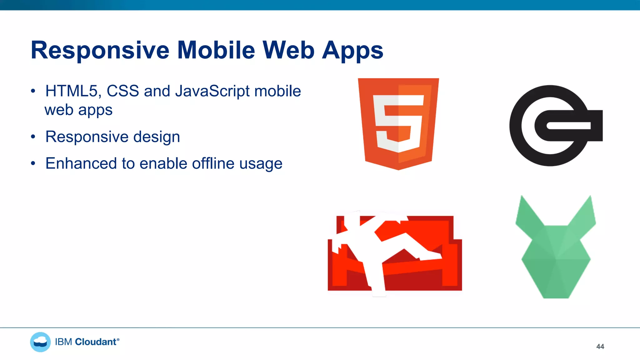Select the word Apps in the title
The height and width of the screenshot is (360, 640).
pos(352,51)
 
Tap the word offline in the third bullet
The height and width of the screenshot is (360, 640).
pos(213,163)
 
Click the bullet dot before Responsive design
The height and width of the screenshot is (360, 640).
pos(33,137)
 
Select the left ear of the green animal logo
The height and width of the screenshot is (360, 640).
pos(527,216)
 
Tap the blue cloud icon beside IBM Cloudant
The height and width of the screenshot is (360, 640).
pos(40,342)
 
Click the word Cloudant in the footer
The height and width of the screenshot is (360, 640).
pos(96,342)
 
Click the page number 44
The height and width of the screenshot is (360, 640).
pos(600,347)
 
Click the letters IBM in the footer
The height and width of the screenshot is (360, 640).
pos(63,342)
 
